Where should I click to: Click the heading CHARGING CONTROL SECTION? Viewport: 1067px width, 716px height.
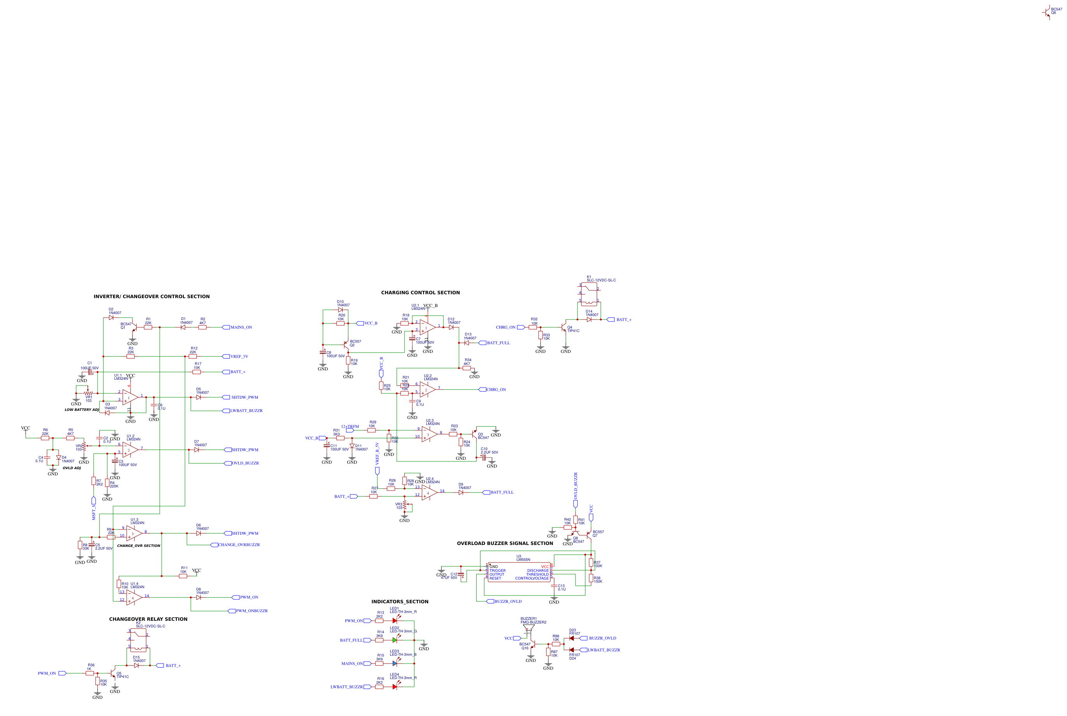pos(420,293)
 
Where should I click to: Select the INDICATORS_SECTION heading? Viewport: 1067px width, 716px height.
pos(400,602)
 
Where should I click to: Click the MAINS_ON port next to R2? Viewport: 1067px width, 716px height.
pos(226,327)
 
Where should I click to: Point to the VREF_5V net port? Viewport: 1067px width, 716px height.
pos(226,356)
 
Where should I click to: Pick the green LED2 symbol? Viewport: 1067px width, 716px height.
pos(395,640)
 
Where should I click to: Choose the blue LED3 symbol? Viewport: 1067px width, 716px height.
pos(395,664)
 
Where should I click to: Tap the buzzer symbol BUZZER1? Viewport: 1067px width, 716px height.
pos(528,629)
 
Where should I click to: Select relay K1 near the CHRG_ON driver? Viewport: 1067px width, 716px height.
pos(589,293)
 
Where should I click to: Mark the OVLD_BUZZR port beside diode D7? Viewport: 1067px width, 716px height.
pos(228,463)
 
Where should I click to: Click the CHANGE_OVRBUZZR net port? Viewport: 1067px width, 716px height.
pos(214,545)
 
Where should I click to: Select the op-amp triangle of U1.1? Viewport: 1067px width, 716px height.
pos(130,397)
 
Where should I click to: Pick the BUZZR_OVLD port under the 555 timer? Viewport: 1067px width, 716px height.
pos(491,601)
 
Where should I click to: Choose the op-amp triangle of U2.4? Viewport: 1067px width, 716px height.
pos(429,493)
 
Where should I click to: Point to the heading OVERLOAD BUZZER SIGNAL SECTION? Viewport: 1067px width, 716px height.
pos(505,543)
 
